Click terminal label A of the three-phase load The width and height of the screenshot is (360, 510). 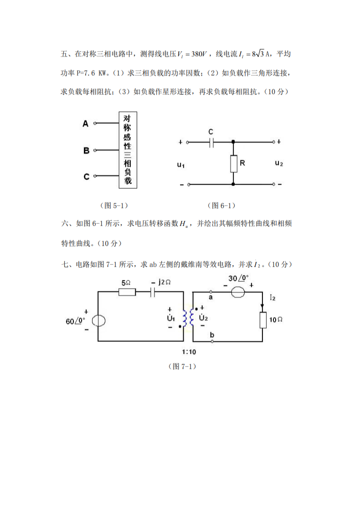[85, 123]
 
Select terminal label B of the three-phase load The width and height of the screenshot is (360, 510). [86, 150]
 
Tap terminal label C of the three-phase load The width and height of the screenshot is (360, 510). [86, 176]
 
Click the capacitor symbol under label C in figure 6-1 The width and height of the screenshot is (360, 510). [211, 142]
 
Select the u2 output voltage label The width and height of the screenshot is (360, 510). [279, 163]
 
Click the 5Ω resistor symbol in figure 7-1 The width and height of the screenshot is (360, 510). [127, 292]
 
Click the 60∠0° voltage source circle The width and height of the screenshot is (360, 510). [98, 320]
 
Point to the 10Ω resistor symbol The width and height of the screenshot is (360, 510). [262, 320]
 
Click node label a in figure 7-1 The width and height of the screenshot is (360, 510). [211, 297]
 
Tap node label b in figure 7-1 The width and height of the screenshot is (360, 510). [211, 335]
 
